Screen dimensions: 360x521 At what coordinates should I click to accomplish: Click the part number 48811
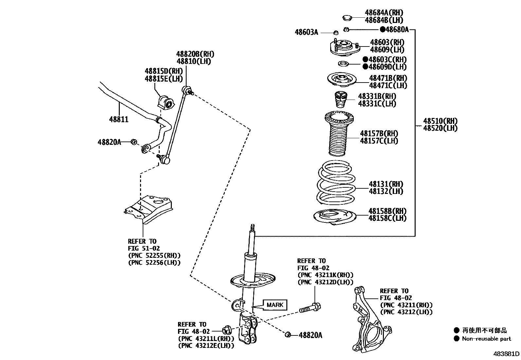[119, 120]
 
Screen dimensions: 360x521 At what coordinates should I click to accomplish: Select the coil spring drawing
[336, 183]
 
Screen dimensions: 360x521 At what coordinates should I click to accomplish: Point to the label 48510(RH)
[440, 121]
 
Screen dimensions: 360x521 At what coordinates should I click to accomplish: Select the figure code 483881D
[507, 354]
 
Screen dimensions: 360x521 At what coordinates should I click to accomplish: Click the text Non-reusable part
[486, 339]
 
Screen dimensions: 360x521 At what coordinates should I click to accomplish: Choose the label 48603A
[306, 32]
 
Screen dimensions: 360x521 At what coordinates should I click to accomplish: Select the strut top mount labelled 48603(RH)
[344, 47]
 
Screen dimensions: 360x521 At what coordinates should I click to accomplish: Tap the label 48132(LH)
[386, 192]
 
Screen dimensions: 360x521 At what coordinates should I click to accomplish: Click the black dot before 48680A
[382, 30]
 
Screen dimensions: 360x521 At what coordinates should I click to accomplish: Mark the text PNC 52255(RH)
[154, 256]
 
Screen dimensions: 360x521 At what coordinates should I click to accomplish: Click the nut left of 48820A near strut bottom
[288, 334]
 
